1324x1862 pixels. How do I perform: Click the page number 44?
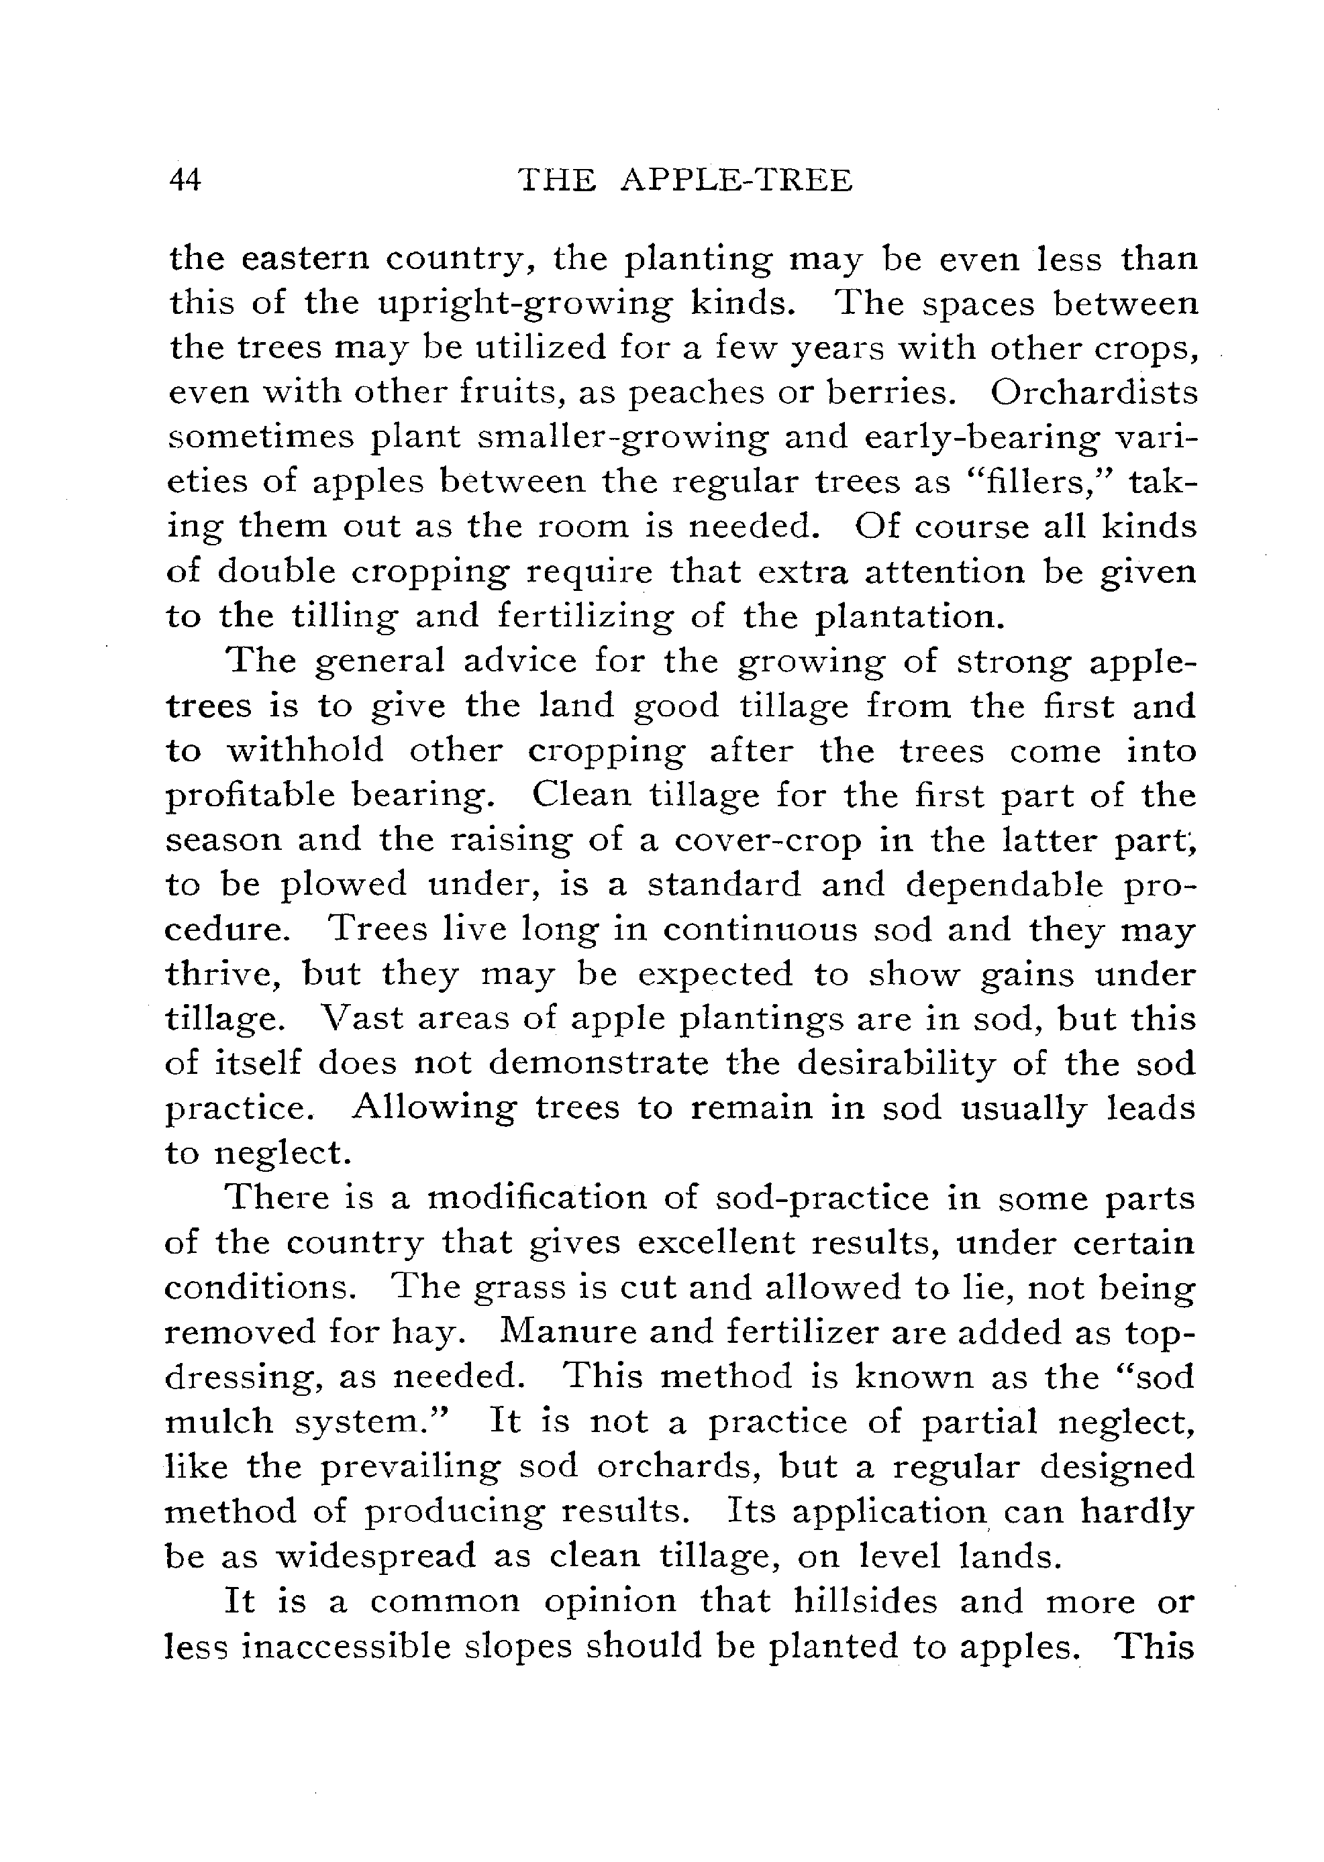tap(185, 179)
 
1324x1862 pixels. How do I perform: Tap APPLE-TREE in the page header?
tap(736, 179)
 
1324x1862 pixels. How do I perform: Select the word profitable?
tap(250, 796)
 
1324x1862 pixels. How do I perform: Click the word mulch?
tap(219, 1421)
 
